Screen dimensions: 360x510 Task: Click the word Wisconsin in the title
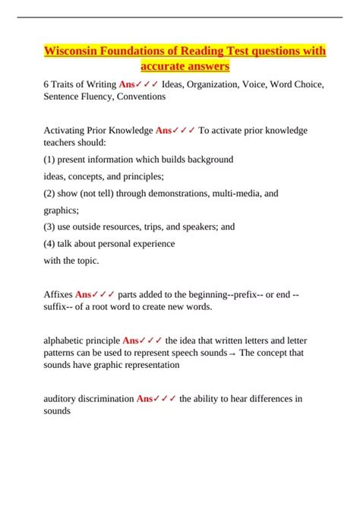point(70,51)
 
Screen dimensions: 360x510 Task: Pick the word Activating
point(66,130)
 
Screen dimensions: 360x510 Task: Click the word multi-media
point(229,194)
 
